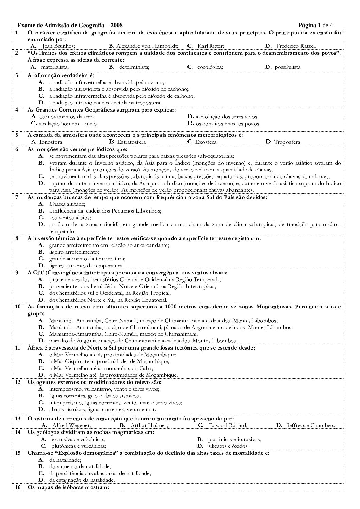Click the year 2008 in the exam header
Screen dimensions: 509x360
tap(117, 25)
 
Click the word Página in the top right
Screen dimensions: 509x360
tap(307, 25)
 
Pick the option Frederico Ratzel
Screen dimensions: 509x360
tap(296, 46)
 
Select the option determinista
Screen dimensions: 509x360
tap(134, 67)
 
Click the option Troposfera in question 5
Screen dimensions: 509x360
tap(287, 142)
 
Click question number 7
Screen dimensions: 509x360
tap(17, 197)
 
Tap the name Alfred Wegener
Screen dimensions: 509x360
tap(71, 425)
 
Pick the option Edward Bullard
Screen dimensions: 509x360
tap(228, 425)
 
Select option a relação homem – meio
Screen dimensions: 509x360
tap(68, 124)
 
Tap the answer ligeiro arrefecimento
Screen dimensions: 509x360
tap(74, 252)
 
